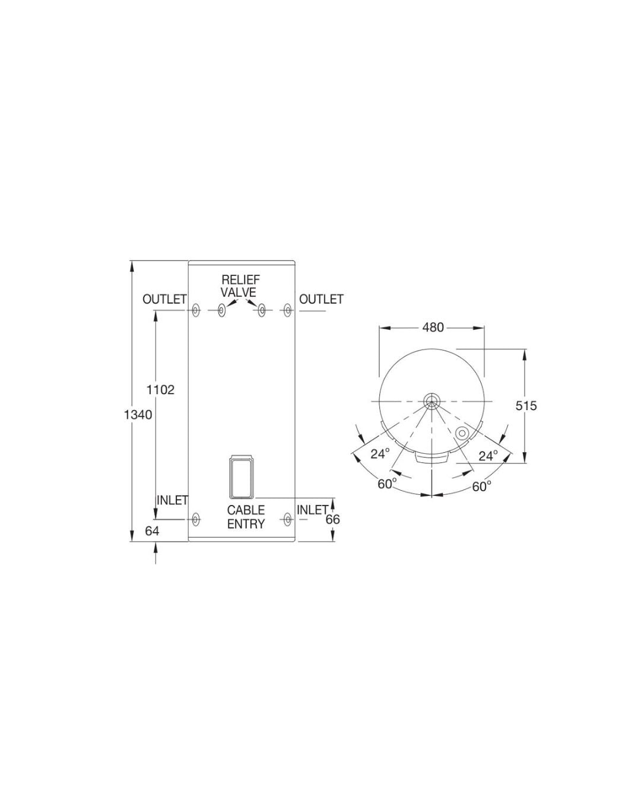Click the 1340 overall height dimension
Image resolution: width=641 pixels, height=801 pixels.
click(138, 414)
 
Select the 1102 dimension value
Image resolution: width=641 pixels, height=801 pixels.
click(160, 390)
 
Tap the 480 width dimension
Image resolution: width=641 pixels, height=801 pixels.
click(433, 327)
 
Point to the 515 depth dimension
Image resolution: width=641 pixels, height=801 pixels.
click(525, 405)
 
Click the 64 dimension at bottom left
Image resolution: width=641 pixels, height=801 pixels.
click(152, 531)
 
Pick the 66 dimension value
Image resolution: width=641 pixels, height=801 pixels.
click(333, 519)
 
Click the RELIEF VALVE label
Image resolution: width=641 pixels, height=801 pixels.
click(239, 285)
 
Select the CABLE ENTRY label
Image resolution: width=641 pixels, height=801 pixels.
click(246, 517)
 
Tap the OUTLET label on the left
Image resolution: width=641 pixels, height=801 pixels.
click(164, 300)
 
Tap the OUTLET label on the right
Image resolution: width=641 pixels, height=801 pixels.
click(321, 300)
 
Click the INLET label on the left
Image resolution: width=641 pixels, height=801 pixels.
click(172, 500)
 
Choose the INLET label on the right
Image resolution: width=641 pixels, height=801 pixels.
click(312, 510)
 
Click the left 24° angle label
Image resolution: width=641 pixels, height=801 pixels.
click(380, 454)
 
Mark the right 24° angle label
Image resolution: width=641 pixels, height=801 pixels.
click(488, 456)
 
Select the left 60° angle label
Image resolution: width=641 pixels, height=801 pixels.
click(387, 484)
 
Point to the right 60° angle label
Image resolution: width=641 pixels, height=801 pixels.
click(481, 487)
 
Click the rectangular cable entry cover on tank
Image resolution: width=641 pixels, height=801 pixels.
click(242, 476)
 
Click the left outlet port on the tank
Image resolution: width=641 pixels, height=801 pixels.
click(195, 310)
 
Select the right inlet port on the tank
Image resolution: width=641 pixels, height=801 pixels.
click(288, 520)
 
